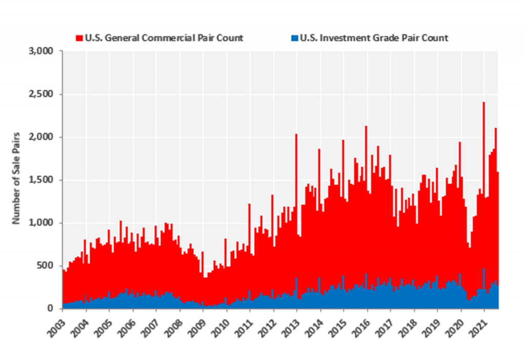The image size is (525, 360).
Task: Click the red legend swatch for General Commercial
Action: pyautogui.click(x=79, y=38)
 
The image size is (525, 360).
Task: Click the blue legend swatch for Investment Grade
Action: pyautogui.click(x=294, y=38)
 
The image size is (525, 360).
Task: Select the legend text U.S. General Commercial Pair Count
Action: pyautogui.click(x=164, y=38)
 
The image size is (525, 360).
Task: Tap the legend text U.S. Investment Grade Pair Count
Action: pyautogui.click(x=374, y=38)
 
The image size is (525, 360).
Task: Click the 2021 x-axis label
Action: pyautogui.click(x=477, y=324)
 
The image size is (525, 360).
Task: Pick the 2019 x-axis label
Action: pyautogui.click(x=431, y=324)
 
